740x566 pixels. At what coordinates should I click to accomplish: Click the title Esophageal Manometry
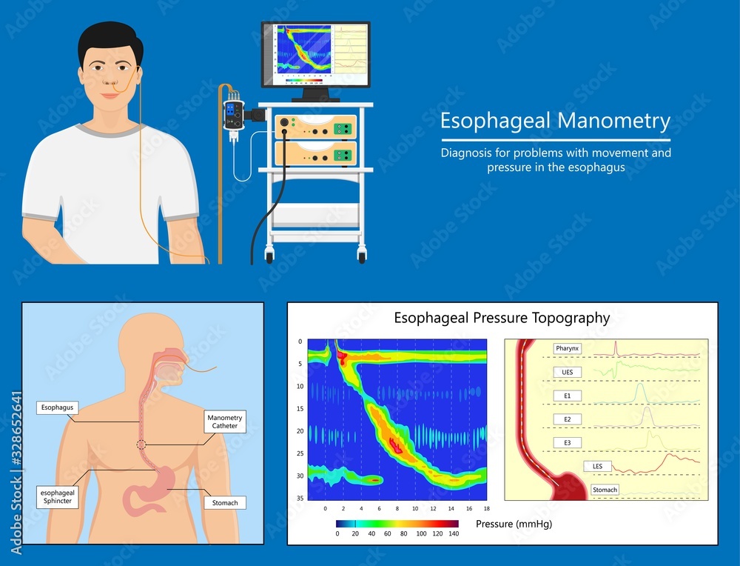point(555,121)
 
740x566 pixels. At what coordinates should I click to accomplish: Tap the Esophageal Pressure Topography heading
point(502,319)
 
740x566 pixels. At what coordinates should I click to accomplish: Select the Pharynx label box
point(567,348)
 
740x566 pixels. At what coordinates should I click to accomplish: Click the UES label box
point(567,371)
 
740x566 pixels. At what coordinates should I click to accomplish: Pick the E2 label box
point(567,419)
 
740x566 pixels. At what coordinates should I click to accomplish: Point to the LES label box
point(597,466)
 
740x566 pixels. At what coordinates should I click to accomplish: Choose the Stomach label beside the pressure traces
point(605,490)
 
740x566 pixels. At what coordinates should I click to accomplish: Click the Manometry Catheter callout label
point(224,422)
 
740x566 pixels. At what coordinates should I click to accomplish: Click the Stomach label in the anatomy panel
point(225,503)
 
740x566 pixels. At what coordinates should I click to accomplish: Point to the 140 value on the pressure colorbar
point(454,533)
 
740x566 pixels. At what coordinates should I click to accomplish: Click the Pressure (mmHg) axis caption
point(514,524)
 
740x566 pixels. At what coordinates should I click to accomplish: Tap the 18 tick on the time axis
point(486,509)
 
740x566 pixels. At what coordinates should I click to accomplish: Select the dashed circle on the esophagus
point(141,445)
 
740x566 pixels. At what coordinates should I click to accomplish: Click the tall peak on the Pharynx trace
point(616,346)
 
